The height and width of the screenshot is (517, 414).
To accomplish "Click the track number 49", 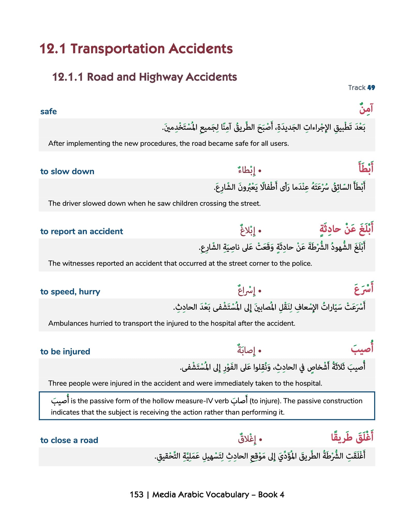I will click(371, 88).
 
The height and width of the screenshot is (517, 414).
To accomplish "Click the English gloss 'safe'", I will click(48, 111).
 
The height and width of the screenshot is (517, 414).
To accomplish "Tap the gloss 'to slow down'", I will click(67, 171).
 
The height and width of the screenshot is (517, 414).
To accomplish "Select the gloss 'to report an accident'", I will click(82, 231).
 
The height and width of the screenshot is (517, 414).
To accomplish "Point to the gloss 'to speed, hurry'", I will click(70, 292).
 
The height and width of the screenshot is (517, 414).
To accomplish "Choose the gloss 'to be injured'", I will click(65, 352).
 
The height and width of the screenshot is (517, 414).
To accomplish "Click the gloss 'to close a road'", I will click(69, 440).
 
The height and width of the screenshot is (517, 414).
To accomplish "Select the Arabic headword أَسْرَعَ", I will click(364, 289).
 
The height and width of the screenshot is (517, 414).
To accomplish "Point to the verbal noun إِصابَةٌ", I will click(246, 350).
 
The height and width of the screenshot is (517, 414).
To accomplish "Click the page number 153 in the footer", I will click(136, 495).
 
